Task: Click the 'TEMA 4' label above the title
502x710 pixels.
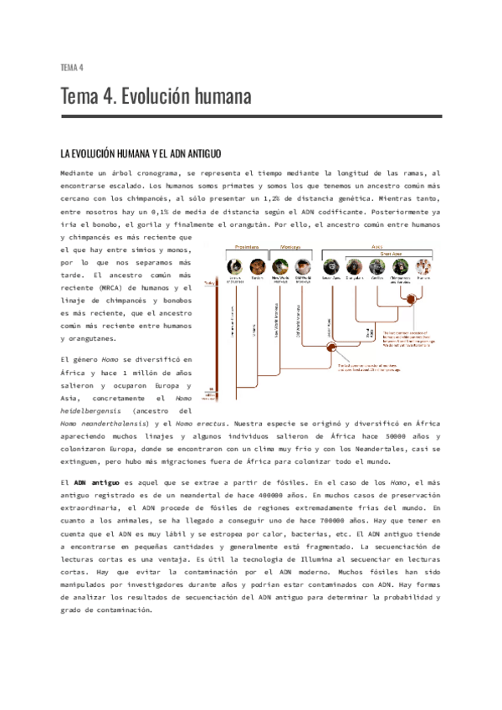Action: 72,67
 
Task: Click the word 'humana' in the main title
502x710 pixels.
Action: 210,97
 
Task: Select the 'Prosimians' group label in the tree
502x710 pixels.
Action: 247,247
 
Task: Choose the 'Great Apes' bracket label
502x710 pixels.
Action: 396,255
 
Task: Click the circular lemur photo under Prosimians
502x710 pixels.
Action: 234,269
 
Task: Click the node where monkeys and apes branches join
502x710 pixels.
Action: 331,346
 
